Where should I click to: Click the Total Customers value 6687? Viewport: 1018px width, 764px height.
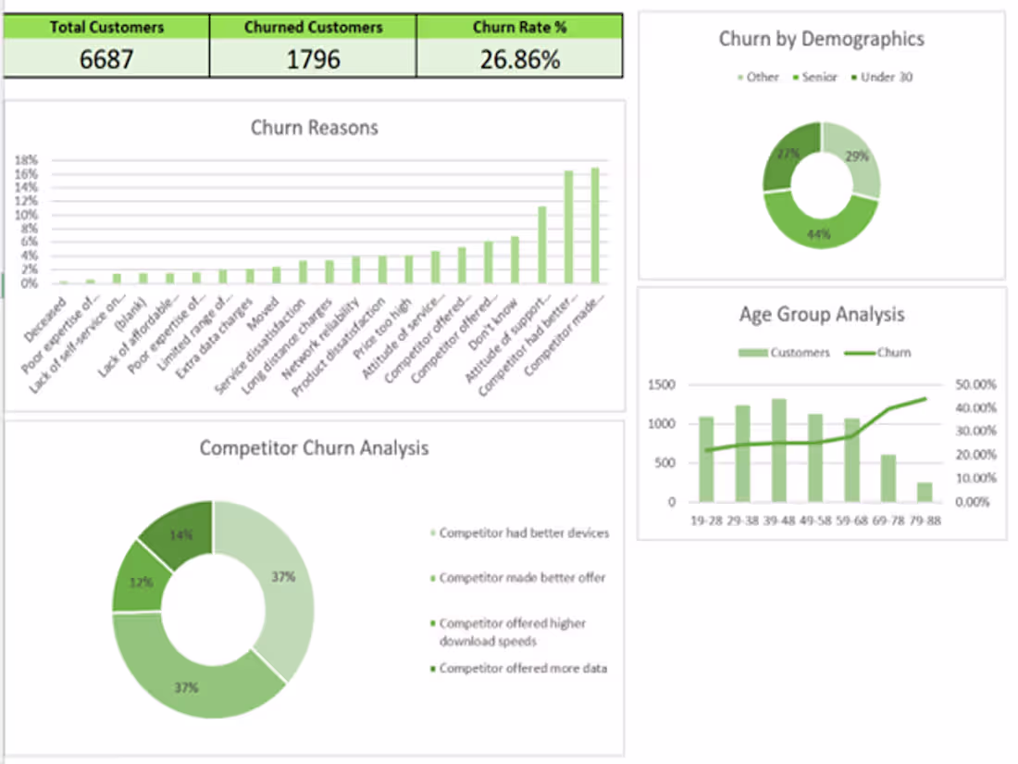click(x=106, y=60)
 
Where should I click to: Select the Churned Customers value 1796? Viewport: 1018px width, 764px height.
click(x=313, y=60)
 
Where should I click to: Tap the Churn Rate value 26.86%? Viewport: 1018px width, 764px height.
click(x=519, y=60)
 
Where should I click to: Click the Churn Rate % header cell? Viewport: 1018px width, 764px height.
click(x=519, y=27)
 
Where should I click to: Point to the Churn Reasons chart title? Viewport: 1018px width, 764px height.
click(x=314, y=128)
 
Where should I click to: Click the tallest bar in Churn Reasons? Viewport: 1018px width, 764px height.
click(x=595, y=226)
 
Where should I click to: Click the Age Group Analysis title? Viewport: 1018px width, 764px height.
click(x=821, y=315)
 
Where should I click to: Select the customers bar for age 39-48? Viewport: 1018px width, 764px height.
click(x=779, y=452)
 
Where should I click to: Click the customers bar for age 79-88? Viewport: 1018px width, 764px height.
click(x=925, y=492)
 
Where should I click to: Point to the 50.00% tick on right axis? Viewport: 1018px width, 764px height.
click(x=975, y=384)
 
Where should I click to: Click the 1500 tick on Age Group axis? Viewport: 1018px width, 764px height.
click(x=663, y=384)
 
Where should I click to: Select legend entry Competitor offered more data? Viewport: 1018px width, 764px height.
click(x=522, y=668)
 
